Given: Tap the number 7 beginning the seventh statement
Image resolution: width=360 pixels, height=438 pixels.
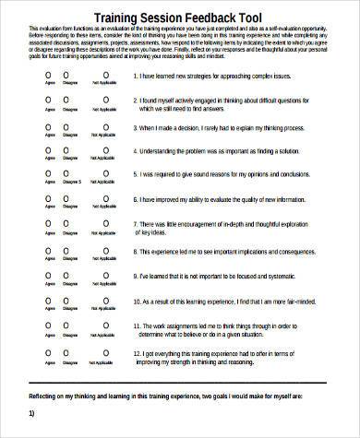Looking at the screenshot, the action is click(135, 221).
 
